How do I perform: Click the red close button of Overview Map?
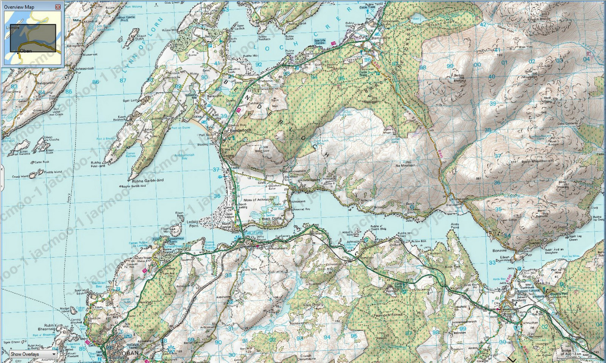(x=58, y=7)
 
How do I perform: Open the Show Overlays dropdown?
(x=33, y=354)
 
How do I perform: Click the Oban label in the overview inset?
(x=26, y=51)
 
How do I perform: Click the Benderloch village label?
(x=241, y=130)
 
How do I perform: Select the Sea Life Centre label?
(x=320, y=42)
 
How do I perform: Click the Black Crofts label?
(x=272, y=219)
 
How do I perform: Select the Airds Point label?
(x=455, y=226)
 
